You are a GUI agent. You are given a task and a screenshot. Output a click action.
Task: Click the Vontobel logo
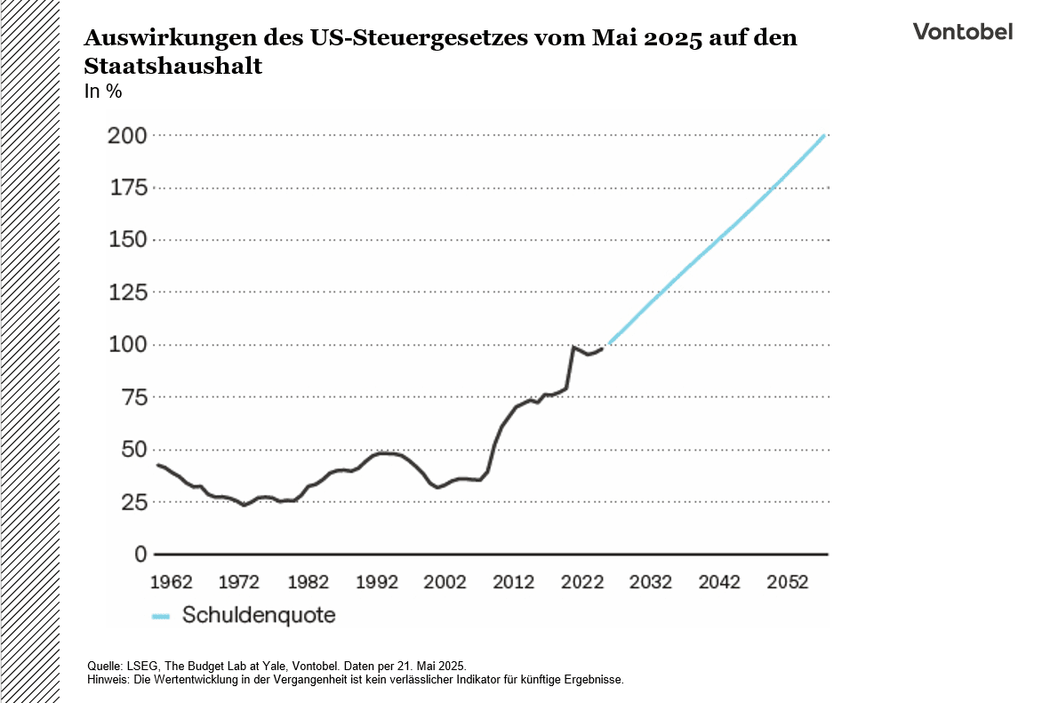click(963, 31)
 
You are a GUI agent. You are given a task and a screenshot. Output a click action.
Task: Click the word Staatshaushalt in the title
click(173, 67)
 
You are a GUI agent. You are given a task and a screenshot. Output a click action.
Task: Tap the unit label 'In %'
click(102, 92)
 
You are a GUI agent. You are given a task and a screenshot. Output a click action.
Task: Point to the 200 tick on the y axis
click(127, 136)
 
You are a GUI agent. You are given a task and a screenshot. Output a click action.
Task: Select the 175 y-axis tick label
click(127, 188)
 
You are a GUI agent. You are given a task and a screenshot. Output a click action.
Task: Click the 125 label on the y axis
click(127, 292)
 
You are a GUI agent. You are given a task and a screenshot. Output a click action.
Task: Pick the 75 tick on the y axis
click(133, 397)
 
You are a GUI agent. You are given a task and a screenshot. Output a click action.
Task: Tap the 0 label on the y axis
click(140, 555)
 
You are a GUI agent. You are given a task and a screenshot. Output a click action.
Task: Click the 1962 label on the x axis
click(172, 582)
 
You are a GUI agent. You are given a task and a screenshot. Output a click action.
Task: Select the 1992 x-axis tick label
click(377, 582)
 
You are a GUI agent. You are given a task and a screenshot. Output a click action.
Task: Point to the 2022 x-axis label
click(582, 582)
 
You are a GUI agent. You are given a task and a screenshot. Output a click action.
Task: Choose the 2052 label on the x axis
click(787, 582)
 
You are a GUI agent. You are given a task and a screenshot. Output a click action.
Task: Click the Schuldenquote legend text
click(259, 615)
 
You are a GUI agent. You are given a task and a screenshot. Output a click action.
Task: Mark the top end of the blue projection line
click(825, 136)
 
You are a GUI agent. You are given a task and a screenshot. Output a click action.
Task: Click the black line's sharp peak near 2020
click(574, 347)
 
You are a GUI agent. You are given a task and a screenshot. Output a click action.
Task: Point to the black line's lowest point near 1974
click(244, 505)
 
